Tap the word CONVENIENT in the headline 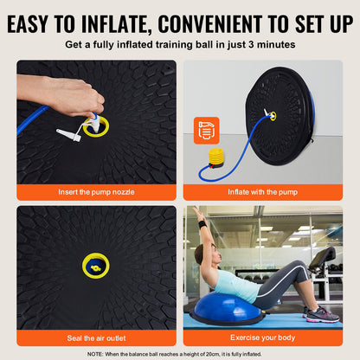point(228,20)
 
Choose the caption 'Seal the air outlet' point(96,336)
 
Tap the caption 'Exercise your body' point(263,336)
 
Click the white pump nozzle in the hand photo point(69,135)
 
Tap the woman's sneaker point(321,314)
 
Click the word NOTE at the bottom point(97,353)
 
